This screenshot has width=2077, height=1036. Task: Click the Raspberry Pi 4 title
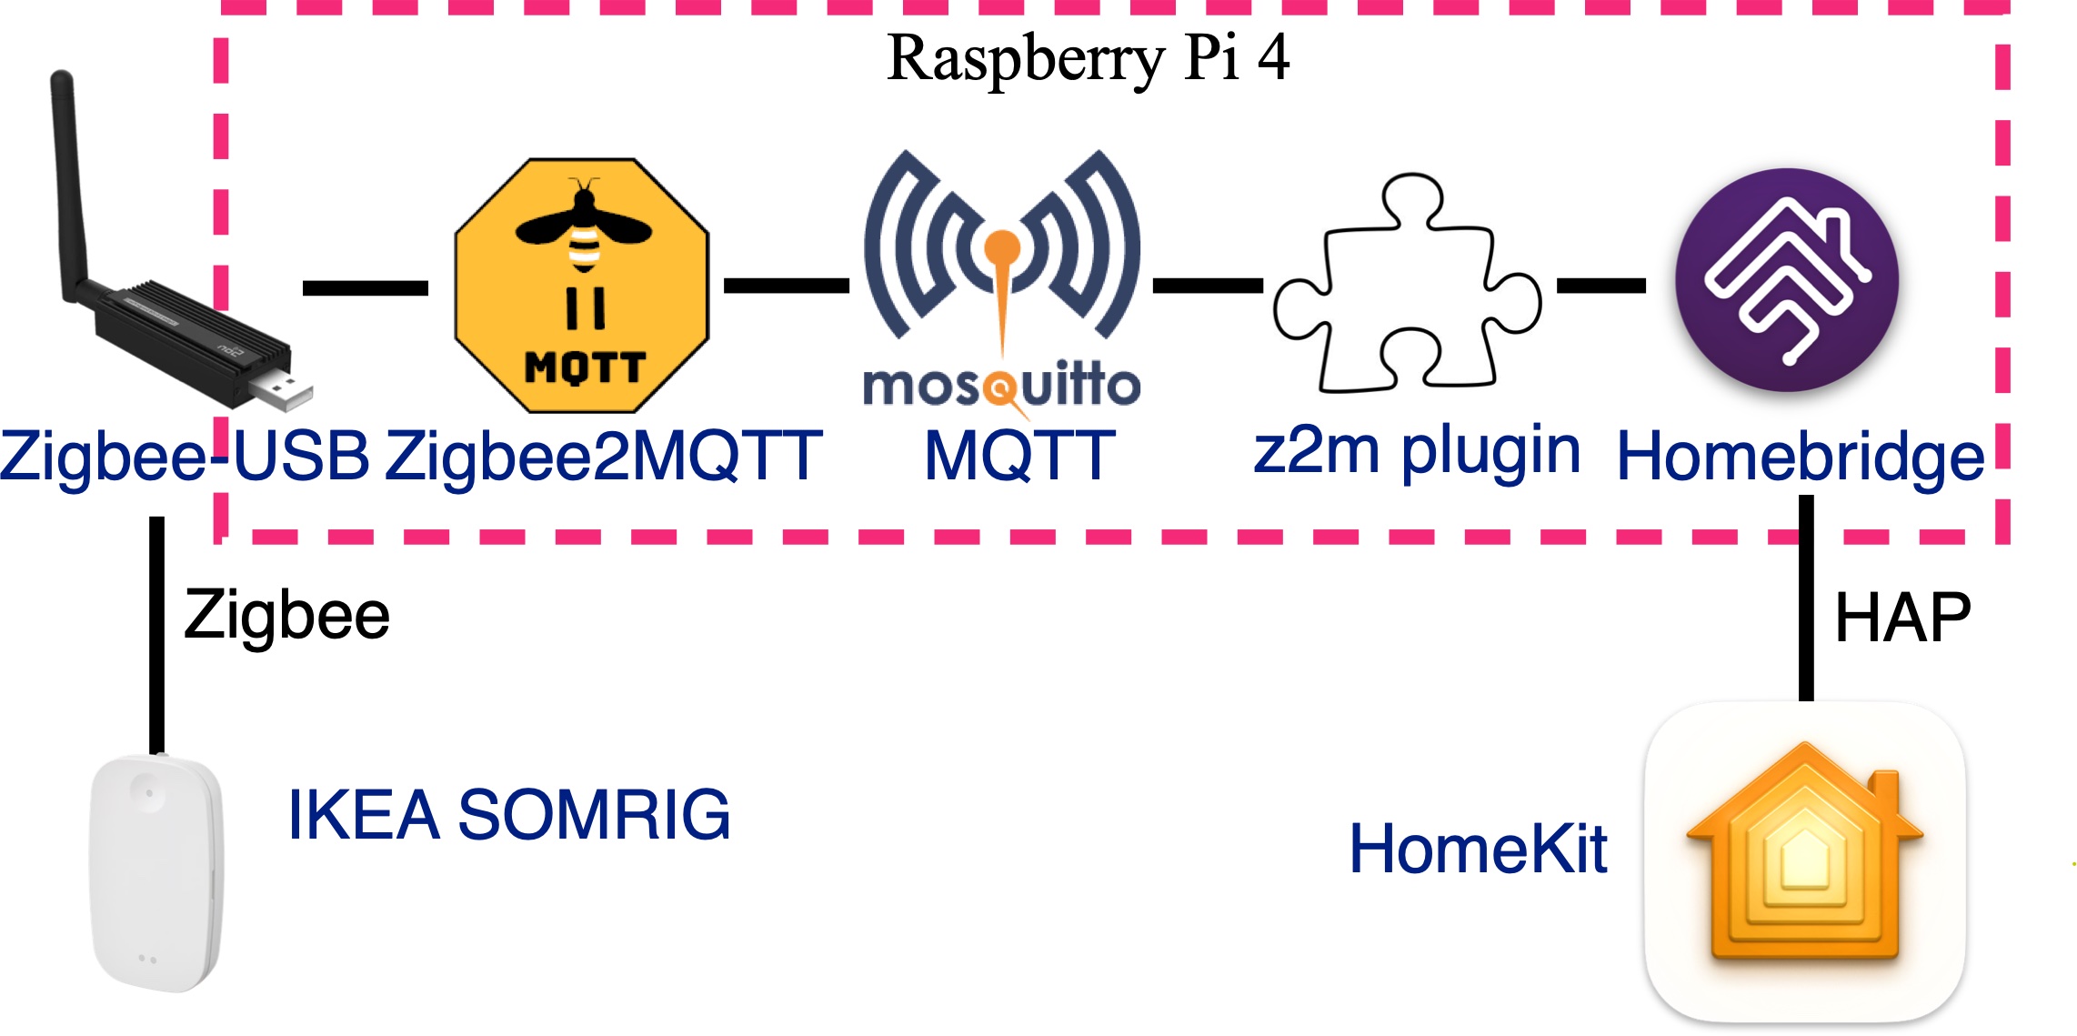(1088, 58)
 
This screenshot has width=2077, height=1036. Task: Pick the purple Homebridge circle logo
(1787, 280)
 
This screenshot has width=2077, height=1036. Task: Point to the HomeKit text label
(1479, 850)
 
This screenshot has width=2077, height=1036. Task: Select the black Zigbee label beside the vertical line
(287, 617)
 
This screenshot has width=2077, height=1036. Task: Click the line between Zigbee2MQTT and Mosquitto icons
(786, 286)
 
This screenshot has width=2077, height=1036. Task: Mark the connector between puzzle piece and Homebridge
(1601, 286)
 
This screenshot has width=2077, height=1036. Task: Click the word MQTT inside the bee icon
(585, 368)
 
